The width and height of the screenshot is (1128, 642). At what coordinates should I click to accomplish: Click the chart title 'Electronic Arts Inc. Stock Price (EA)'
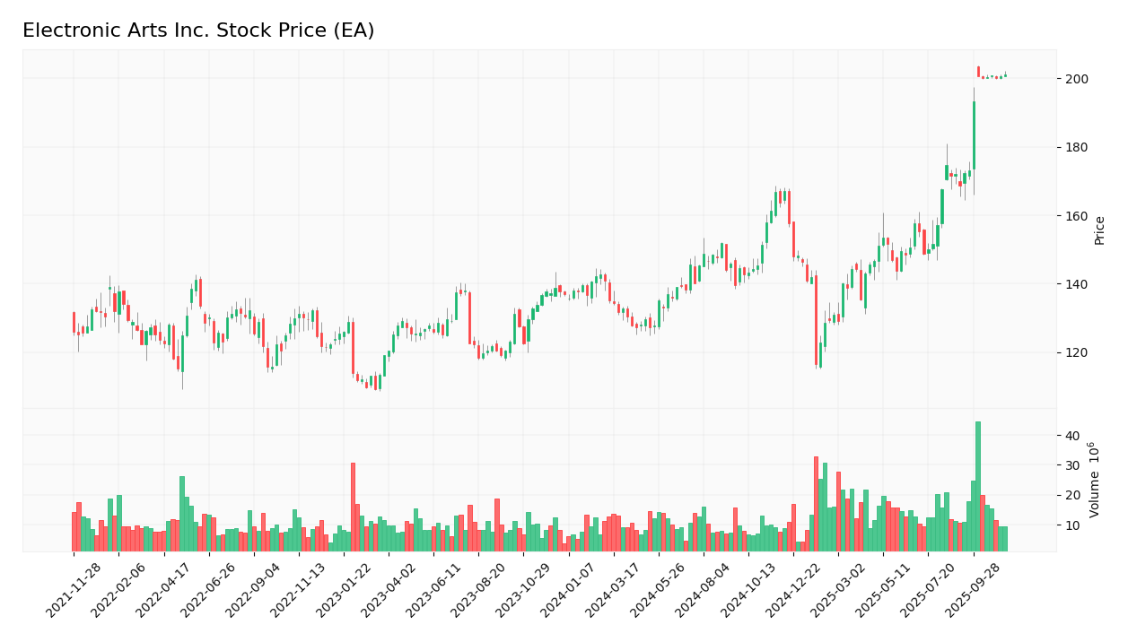pos(198,31)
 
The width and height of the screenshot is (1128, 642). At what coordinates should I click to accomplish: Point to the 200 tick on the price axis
pos(1076,79)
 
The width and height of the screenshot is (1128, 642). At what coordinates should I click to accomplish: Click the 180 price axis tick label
pos(1076,148)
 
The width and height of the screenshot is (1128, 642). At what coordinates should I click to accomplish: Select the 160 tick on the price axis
pos(1076,216)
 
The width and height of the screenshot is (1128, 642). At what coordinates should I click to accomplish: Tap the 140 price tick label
pos(1076,284)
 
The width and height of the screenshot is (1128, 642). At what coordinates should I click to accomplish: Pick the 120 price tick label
pos(1076,353)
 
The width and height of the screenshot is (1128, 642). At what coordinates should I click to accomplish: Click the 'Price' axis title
pos(1099,230)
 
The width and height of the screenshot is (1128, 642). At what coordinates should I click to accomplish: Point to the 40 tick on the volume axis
pos(1072,436)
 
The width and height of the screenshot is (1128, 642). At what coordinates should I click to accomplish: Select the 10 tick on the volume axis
pos(1072,525)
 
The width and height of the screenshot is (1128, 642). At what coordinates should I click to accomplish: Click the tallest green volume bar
pos(978,487)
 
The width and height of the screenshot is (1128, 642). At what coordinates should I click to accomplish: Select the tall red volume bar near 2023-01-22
pos(353,507)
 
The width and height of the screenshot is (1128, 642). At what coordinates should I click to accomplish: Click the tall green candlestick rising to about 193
pos(974,134)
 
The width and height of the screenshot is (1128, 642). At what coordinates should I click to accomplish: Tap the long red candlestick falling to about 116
pos(816,320)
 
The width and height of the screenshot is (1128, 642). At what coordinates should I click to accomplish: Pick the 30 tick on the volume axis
pos(1072,465)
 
